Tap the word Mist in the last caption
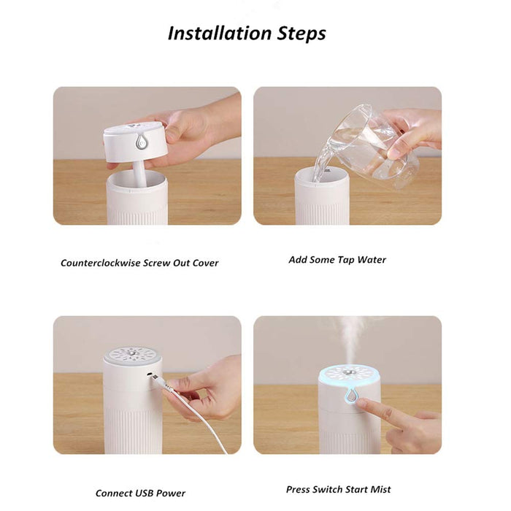coord(378,489)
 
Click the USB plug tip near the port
coord(155,378)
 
